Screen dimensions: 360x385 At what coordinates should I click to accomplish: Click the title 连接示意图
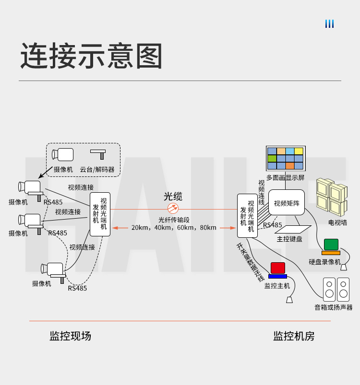(x=91, y=56)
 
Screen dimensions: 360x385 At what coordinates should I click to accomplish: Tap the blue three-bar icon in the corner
(x=329, y=24)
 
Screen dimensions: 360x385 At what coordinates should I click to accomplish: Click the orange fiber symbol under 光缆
(x=173, y=209)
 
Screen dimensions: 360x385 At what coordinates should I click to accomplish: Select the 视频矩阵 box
(x=287, y=202)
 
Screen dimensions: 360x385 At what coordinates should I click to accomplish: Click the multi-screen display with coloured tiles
(x=286, y=159)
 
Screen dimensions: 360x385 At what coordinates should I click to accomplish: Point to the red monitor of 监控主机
(x=278, y=268)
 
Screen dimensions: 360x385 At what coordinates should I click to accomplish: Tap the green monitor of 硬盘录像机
(x=331, y=245)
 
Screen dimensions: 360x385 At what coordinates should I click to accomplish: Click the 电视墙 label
(x=337, y=222)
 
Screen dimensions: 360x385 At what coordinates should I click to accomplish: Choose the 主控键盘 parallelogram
(x=291, y=229)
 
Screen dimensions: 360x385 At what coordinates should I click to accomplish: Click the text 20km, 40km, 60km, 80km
(x=174, y=228)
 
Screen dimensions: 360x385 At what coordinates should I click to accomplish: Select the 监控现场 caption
(x=70, y=336)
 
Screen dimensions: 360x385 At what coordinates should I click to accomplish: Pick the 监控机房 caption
(x=294, y=336)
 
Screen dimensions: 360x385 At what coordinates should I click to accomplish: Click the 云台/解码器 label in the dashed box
(x=97, y=169)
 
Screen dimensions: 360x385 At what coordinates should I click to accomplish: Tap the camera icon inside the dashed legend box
(x=62, y=155)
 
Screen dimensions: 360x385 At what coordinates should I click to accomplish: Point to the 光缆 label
(x=173, y=197)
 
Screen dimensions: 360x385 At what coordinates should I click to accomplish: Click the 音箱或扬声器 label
(x=334, y=307)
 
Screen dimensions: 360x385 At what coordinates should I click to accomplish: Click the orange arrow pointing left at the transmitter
(x=120, y=228)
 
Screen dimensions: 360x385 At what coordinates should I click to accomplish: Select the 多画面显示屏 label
(x=285, y=177)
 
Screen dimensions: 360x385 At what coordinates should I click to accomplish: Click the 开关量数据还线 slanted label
(x=250, y=262)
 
